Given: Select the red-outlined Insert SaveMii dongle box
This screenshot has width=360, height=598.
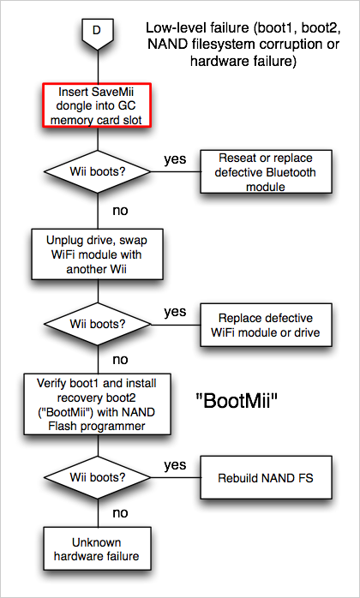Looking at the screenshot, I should [x=95, y=105].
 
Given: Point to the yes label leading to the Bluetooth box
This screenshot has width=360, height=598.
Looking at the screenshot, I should [x=174, y=159].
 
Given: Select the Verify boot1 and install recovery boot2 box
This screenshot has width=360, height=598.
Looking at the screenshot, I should [x=95, y=406].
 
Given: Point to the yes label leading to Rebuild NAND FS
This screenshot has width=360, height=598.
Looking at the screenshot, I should [x=174, y=465].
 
